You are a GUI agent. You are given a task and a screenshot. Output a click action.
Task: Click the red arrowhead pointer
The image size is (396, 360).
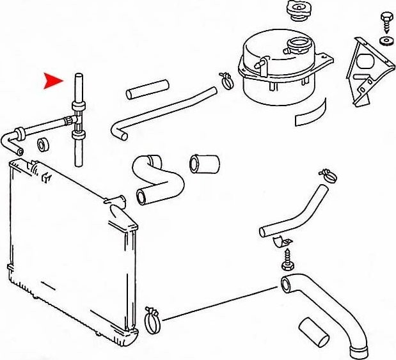point(53,81)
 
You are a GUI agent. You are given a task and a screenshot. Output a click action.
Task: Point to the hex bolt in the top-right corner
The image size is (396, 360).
point(386,20)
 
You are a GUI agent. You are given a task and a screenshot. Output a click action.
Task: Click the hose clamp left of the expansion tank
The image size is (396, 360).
point(227,79)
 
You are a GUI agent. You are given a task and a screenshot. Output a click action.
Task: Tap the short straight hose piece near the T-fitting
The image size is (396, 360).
point(147,89)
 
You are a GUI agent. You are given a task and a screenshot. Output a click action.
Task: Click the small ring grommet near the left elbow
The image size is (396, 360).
point(44,143)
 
